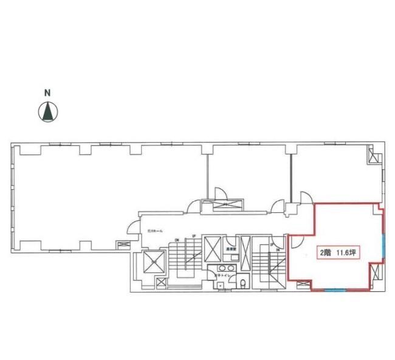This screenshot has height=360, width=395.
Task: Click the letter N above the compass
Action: pos(47,94)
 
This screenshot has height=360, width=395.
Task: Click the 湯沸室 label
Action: pos(231,249)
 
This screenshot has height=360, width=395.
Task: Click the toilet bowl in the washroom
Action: pos(242,283)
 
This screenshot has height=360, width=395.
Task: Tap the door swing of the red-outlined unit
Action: pos(294,241)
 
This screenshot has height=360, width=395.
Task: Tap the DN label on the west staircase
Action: pos(177,240)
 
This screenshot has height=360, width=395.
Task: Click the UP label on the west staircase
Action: pos(193,236)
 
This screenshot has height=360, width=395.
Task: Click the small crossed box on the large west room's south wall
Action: pos(123,245)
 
